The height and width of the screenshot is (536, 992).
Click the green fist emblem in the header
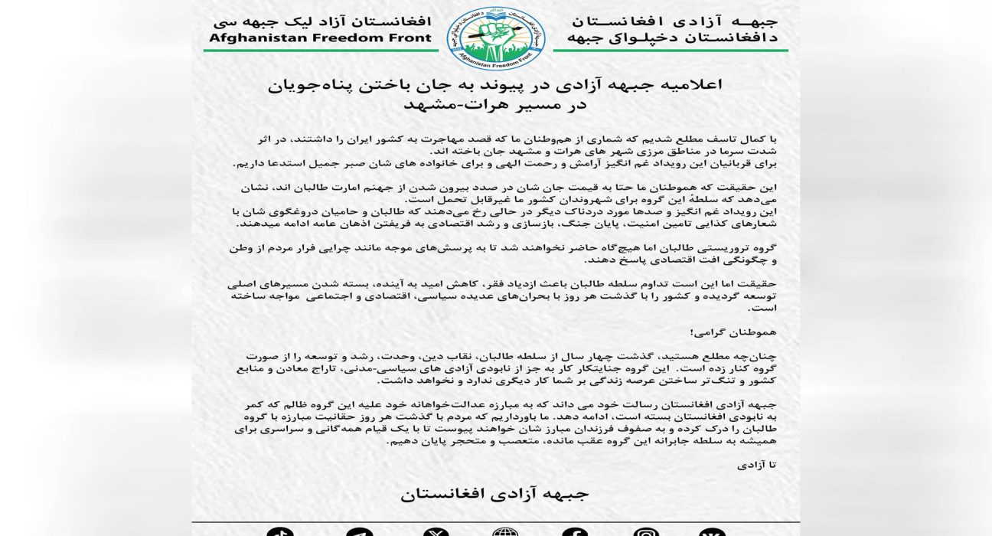(495, 37)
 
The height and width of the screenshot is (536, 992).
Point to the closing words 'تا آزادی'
(757, 464)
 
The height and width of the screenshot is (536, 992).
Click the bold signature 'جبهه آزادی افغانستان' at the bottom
(495, 494)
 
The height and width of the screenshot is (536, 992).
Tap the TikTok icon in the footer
(280, 532)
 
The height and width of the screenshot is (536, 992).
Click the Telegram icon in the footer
(359, 532)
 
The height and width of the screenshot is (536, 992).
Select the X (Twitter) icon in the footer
(436, 532)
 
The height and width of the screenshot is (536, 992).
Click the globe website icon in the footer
(505, 532)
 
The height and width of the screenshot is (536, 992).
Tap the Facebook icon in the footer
(575, 532)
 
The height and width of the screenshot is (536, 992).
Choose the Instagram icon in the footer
(645, 532)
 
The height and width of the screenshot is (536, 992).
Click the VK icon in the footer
(712, 532)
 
